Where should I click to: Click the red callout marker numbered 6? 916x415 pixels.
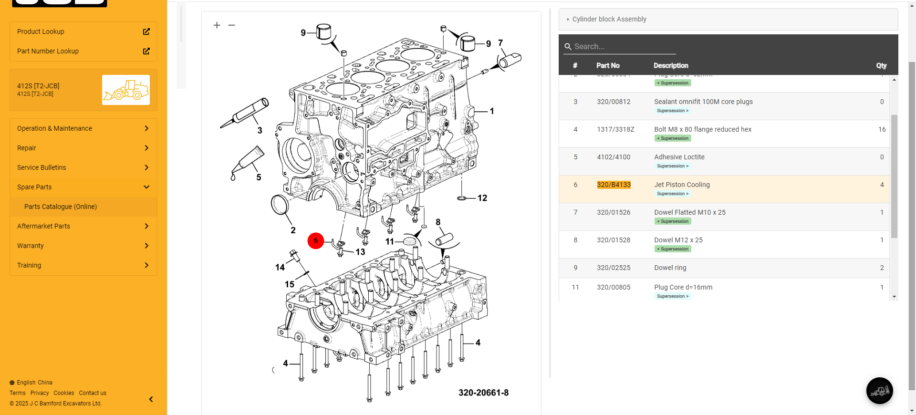coord(315,240)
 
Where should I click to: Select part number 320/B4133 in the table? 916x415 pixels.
coord(614,185)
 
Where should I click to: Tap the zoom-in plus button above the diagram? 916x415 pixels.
coord(217,25)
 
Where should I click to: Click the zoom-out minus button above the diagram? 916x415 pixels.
coord(232,25)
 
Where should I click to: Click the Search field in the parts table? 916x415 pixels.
coord(620,46)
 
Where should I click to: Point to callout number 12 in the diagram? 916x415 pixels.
coord(482,198)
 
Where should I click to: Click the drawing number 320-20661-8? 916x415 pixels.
coord(483,393)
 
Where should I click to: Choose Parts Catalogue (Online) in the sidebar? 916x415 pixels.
coord(61,207)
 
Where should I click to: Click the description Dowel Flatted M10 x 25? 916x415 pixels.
coord(689,212)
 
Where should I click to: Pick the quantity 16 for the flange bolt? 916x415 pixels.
coord(882,129)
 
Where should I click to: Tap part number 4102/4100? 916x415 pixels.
coord(614,157)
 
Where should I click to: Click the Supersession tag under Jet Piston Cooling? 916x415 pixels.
coord(673,194)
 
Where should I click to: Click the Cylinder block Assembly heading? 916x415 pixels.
coord(609,19)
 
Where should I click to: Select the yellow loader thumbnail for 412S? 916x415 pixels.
coord(126,90)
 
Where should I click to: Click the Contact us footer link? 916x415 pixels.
coord(93,393)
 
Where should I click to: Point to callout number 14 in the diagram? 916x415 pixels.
coord(280,267)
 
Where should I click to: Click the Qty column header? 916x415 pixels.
coord(881,65)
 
